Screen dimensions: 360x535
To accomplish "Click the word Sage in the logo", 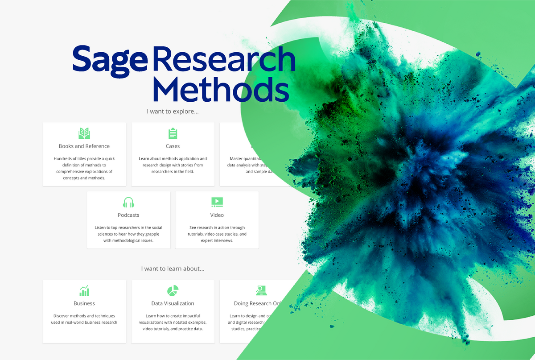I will click(x=109, y=61).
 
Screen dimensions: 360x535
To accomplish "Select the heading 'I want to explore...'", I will click(x=173, y=112).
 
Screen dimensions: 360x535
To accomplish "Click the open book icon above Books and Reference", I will click(x=84, y=133).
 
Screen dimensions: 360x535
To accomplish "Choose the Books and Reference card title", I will click(x=84, y=146).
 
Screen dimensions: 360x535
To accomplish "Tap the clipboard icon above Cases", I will click(x=173, y=133).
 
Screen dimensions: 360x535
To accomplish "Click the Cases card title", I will click(x=173, y=146).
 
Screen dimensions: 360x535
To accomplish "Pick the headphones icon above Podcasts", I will click(x=128, y=202).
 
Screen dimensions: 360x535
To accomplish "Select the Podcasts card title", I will click(x=128, y=215).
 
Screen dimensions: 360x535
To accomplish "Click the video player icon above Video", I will click(x=217, y=202).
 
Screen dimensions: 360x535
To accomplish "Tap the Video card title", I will click(x=217, y=215).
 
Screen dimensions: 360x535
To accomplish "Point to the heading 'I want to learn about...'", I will click(x=173, y=269).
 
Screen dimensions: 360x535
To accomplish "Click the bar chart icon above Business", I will click(x=84, y=291).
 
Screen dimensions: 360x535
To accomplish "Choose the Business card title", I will click(x=84, y=303).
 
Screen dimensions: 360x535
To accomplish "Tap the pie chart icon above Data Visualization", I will click(x=173, y=291).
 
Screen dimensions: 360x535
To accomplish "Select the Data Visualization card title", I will click(x=173, y=303).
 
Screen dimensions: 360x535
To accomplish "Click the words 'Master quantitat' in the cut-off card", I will click(x=246, y=158).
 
